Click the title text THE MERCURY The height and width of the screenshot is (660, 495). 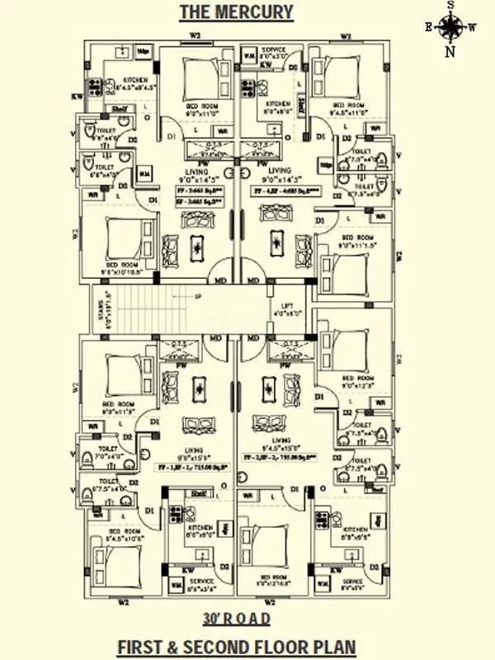pos(236,12)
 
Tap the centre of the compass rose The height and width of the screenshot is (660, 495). pos(450,28)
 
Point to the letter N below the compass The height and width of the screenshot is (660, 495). pos(450,52)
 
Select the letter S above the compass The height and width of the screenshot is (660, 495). pos(450,5)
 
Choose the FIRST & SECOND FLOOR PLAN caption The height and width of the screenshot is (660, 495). pos(236,644)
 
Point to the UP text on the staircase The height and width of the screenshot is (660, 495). pos(198,296)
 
